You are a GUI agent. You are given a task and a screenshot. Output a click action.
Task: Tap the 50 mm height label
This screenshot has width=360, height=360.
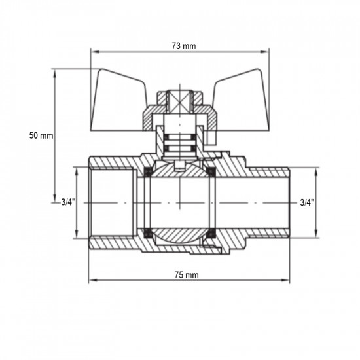pyautogui.click(x=41, y=135)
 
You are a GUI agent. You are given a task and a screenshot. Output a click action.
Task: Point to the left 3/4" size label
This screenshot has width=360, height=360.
pyautogui.click(x=68, y=203)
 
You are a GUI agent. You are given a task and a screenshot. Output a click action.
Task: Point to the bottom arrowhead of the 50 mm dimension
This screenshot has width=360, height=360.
pyautogui.click(x=55, y=199)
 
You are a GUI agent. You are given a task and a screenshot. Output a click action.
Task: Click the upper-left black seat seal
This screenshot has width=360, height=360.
pyautogui.click(x=149, y=173)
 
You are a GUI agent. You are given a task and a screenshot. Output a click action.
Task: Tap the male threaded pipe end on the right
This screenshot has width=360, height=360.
pyautogui.click(x=272, y=203)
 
